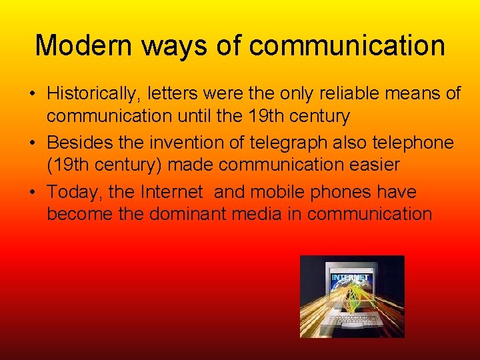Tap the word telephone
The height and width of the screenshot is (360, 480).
click(x=409, y=143)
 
